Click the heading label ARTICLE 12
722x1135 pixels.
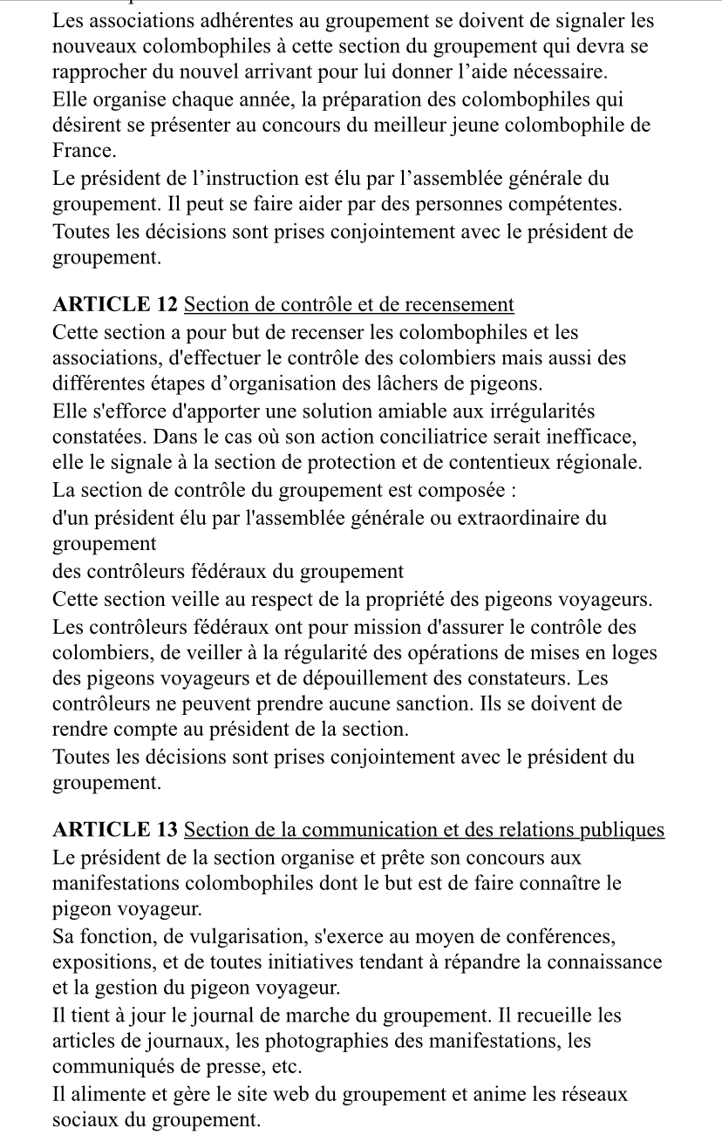(x=115, y=305)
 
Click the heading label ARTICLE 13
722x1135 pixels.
(x=115, y=830)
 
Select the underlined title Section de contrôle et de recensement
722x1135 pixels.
(x=350, y=305)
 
